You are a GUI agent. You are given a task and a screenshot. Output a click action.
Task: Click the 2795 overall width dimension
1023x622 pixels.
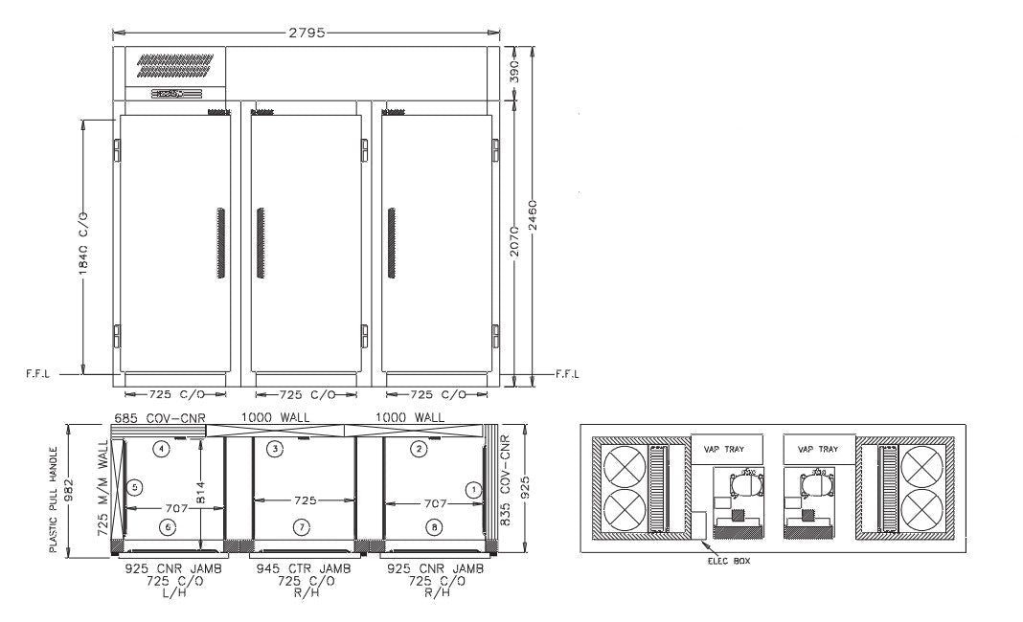point(306,33)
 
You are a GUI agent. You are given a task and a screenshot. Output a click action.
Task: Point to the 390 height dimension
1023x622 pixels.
point(515,73)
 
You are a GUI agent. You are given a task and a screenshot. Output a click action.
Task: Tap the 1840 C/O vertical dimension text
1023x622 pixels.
point(84,248)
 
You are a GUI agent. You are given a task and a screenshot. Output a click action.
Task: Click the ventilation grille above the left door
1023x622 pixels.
point(175,65)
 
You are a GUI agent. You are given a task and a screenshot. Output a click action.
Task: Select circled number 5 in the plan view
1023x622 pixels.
point(135,487)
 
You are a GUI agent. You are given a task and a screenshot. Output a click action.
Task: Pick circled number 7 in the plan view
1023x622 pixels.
point(302,526)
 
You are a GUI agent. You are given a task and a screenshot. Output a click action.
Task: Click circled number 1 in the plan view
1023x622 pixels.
point(471,488)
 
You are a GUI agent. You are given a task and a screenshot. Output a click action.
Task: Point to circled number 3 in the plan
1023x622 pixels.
point(276,449)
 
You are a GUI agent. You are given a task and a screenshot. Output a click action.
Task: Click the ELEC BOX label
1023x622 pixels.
point(727,562)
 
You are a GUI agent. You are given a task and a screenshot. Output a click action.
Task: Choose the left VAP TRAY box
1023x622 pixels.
point(727,448)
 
